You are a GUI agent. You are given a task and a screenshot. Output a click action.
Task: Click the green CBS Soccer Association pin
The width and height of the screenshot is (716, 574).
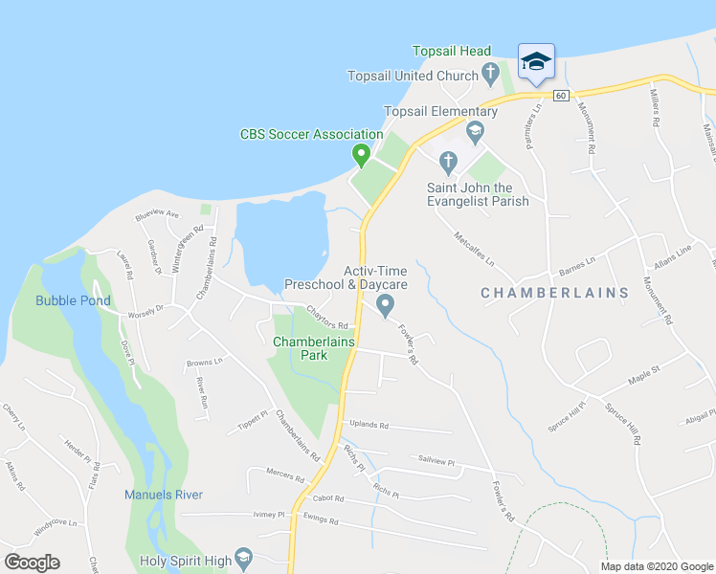pos(361,154)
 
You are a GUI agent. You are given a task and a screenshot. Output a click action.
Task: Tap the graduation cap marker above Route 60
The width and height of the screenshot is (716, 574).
pos(536,63)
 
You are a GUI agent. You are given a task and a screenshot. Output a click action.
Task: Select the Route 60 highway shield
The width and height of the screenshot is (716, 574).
pos(561,95)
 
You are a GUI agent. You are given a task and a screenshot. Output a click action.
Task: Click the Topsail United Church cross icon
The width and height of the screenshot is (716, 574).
pos(490,73)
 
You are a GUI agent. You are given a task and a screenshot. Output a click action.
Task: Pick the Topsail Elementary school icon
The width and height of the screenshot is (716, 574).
pos(474,129)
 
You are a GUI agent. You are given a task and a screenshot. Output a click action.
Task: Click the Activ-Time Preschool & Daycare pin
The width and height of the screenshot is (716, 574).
pos(386,305)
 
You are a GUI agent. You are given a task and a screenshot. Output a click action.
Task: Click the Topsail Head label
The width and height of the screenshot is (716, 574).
pos(452,52)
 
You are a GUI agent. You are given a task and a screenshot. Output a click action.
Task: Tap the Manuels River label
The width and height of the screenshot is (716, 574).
pos(164,495)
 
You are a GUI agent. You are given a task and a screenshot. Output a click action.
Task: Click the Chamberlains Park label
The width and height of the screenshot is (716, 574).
pos(314,348)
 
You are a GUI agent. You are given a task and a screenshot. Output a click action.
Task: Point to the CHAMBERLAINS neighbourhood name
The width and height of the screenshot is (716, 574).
pos(554,293)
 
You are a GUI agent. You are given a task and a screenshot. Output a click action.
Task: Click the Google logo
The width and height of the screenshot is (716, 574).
pos(32,563)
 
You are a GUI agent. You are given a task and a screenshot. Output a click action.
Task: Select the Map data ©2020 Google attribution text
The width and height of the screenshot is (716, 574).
pos(656,566)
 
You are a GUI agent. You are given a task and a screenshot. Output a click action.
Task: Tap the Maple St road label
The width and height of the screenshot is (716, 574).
pos(643,369)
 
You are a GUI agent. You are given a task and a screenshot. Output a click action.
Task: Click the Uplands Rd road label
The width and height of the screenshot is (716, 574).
pos(369,425)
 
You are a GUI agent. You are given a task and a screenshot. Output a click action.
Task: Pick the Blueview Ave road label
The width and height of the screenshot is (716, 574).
pos(158,214)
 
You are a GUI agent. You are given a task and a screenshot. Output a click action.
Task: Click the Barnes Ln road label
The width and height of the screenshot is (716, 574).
pos(577,261)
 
